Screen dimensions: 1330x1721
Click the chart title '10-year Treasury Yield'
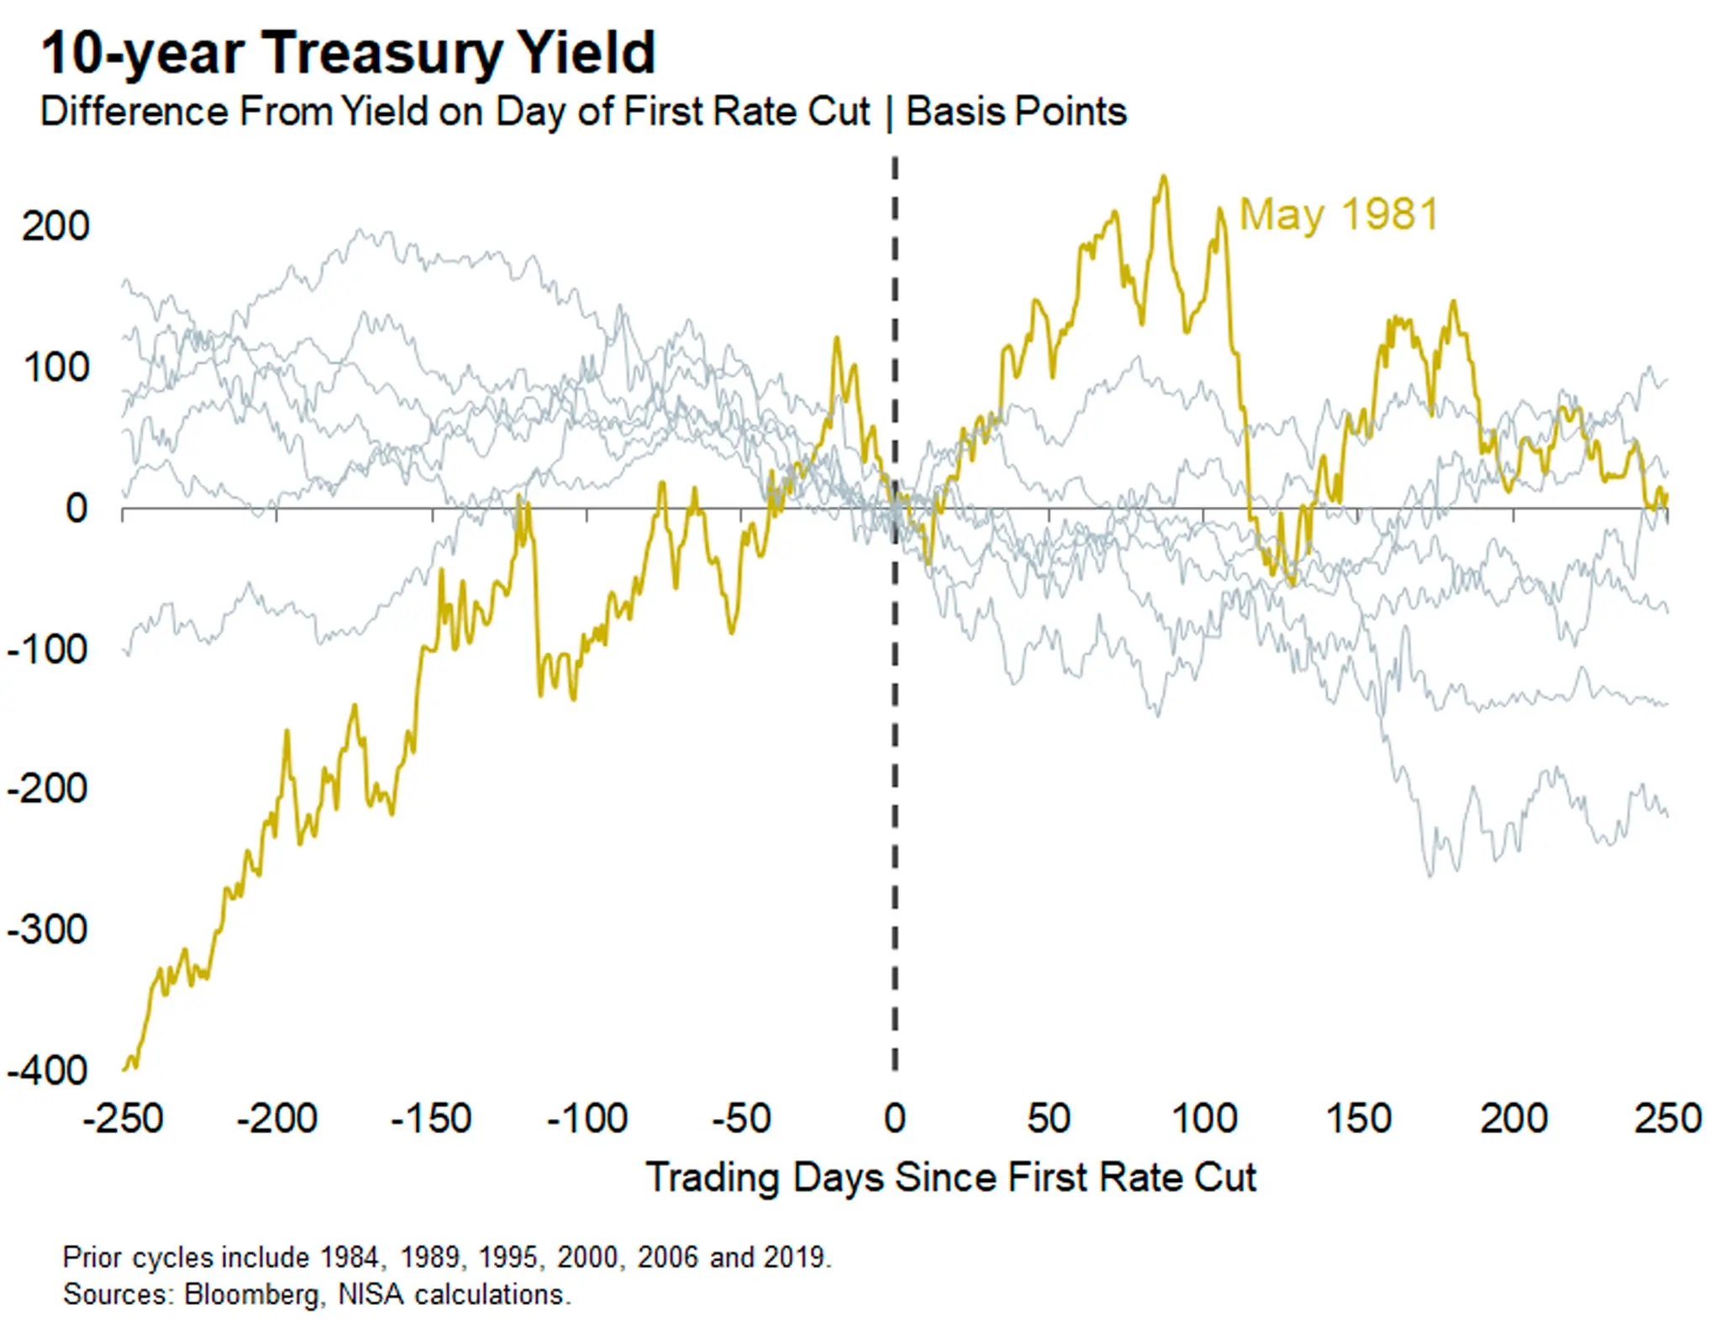348,52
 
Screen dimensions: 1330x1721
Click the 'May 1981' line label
1339,214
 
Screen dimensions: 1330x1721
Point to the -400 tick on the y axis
47,1070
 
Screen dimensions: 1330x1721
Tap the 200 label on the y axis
55,226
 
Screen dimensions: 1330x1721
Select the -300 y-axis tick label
47,930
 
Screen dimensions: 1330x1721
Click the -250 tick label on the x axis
123,1118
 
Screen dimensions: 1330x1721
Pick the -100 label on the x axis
587,1118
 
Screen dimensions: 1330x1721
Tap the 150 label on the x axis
1358,1118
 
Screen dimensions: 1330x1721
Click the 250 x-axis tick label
1667,1118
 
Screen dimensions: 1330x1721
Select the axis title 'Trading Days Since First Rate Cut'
950,1177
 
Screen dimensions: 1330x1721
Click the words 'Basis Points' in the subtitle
1016,112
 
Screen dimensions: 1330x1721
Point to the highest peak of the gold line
1164,177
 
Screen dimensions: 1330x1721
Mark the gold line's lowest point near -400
126,1069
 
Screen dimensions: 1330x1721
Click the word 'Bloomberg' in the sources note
252,1294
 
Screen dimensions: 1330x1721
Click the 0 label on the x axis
895,1118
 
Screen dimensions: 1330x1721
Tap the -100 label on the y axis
47,649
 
